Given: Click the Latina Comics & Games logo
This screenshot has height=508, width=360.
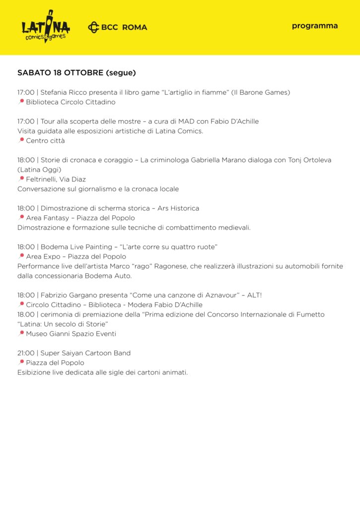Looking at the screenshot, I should pyautogui.click(x=45, y=27).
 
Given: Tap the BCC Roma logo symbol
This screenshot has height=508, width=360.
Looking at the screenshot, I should pyautogui.click(x=93, y=27).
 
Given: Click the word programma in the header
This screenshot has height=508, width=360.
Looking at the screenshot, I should pyautogui.click(x=315, y=26).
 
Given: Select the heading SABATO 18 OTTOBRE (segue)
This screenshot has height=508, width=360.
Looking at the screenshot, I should pyautogui.click(x=76, y=72).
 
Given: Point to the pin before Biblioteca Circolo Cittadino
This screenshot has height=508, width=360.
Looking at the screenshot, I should pyautogui.click(x=21, y=102).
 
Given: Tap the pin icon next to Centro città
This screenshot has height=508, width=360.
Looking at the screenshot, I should pyautogui.click(x=21, y=140).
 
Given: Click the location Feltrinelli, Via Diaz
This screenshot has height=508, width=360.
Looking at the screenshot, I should pyautogui.click(x=56, y=179).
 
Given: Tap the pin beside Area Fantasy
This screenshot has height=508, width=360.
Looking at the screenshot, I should pyautogui.click(x=21, y=218).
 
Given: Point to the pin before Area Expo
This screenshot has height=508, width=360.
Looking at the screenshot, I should pyautogui.click(x=21, y=256).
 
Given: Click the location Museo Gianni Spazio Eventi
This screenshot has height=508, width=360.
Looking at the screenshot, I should pyautogui.click(x=71, y=334).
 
